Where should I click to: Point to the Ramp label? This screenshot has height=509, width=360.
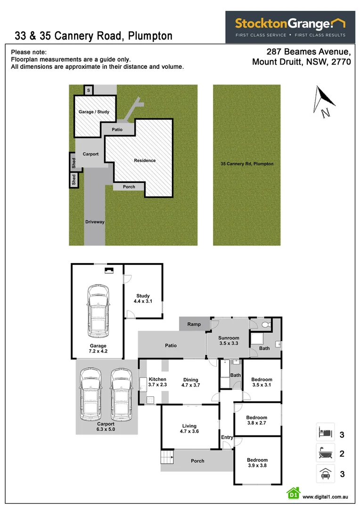(x=194, y=324)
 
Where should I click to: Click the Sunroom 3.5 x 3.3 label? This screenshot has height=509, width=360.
(x=229, y=341)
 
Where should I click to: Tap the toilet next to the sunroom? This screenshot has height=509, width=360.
(x=266, y=325)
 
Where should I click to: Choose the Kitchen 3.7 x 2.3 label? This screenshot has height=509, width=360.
(x=157, y=382)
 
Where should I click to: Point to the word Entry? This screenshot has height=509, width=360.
(x=227, y=437)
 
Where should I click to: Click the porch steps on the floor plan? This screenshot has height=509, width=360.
(x=167, y=457)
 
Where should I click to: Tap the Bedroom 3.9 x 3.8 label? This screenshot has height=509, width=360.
(x=257, y=463)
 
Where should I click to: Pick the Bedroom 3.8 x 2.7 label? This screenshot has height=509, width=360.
(x=257, y=420)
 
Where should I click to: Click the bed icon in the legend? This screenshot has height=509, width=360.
(x=325, y=432)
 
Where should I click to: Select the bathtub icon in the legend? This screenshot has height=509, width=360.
(x=325, y=453)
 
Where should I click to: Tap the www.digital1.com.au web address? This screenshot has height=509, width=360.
(x=325, y=497)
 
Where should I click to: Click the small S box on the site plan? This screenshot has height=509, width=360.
(x=89, y=90)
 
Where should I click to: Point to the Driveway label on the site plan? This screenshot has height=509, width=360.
(x=95, y=222)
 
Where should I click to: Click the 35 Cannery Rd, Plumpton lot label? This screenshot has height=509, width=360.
(x=247, y=164)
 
